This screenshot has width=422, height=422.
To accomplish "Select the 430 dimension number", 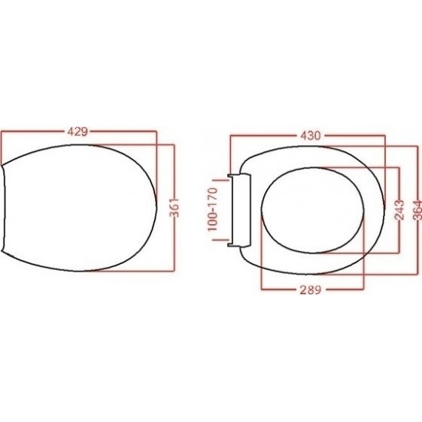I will [310, 136].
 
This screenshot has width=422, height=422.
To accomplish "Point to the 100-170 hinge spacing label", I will [213, 211].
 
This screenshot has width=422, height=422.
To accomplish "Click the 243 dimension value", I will [398, 206].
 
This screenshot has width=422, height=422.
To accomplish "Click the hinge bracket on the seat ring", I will [239, 210].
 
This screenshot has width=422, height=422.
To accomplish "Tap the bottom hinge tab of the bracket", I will [229, 246].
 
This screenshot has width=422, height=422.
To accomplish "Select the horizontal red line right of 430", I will [353, 136].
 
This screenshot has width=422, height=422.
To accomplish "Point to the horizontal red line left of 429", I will [35, 132].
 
